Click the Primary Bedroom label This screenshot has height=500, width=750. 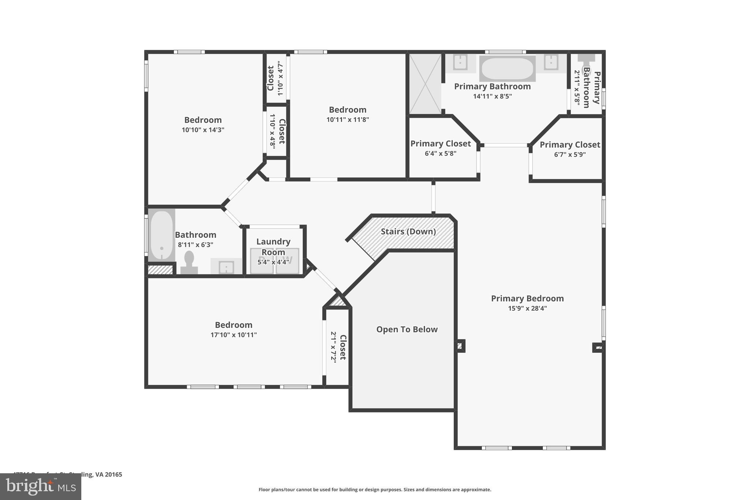tap(527, 299)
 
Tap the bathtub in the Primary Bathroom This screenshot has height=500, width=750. tap(507, 68)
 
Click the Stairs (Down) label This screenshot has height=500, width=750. tap(408, 232)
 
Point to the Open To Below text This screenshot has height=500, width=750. tap(407, 329)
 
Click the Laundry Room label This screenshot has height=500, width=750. tap(273, 247)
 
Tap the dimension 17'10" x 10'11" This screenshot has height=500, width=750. tap(233, 335)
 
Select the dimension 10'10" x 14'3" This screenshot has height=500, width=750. tap(203, 130)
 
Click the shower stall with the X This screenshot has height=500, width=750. tap(425, 84)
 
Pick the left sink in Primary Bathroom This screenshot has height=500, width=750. tap(460, 62)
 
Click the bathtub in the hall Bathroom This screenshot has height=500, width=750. tap(161, 235)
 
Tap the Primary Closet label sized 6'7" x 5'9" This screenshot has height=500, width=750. tap(570, 145)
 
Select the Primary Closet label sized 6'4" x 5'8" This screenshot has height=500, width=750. tap(440, 144)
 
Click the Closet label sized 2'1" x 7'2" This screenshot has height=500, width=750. tap(343, 347)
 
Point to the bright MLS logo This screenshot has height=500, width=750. tap(40, 486)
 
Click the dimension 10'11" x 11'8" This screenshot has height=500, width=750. tap(348, 119)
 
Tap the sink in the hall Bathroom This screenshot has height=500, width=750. tap(226, 267)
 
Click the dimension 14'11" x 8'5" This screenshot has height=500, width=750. tap(492, 96)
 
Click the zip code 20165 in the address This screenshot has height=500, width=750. tap(113, 474)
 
